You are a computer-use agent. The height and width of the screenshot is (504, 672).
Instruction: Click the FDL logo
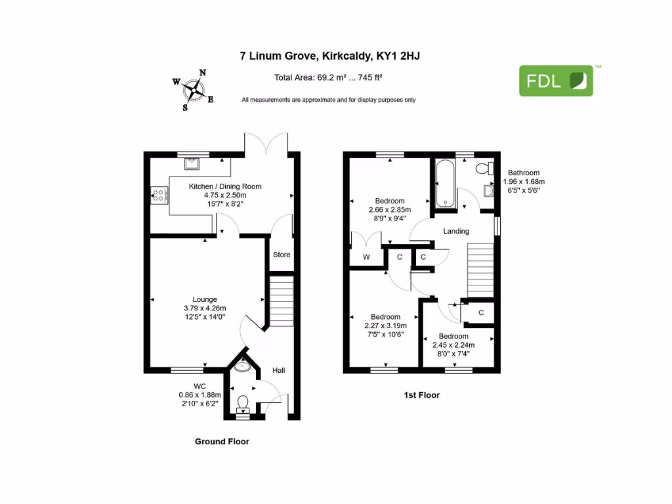[x=556, y=81]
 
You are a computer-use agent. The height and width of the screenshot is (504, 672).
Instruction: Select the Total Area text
[x=328, y=77]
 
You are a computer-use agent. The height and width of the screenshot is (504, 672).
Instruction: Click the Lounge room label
[x=205, y=299]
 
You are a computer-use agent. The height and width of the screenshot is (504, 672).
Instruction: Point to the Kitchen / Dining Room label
[x=225, y=186]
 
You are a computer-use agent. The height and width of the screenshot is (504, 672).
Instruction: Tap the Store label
[x=281, y=255]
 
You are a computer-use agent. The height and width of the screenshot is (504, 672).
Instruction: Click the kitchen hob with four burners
[x=158, y=194]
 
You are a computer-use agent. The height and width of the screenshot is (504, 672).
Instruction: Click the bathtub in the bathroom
[x=443, y=182]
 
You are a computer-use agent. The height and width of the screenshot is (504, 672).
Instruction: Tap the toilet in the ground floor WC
[x=243, y=401]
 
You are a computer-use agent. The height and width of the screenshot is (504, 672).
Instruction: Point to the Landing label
[x=456, y=231]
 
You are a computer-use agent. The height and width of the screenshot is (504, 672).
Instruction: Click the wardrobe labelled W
[x=367, y=257]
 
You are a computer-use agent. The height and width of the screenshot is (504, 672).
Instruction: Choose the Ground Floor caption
[x=222, y=442]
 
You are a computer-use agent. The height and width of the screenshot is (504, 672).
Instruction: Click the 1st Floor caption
[x=421, y=395]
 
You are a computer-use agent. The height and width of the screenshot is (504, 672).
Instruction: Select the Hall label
[x=279, y=371]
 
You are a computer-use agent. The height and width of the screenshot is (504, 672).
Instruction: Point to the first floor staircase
[x=480, y=268]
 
